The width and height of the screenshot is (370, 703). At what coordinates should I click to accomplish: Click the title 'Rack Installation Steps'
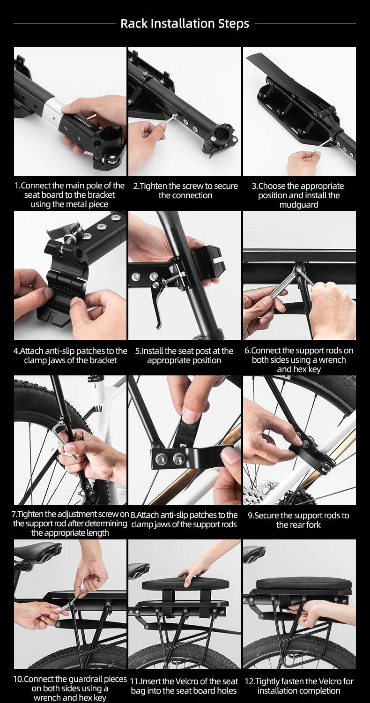click(x=185, y=23)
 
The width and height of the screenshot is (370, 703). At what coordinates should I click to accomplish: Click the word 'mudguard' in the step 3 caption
click(x=299, y=205)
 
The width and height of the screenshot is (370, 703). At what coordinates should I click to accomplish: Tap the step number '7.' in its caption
click(x=15, y=514)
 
